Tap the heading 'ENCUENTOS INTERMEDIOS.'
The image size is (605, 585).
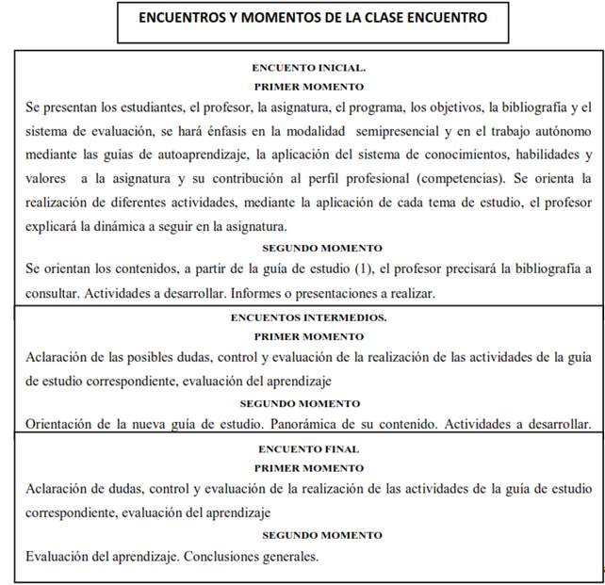[309, 317]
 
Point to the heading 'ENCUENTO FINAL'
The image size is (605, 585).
[308, 449]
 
